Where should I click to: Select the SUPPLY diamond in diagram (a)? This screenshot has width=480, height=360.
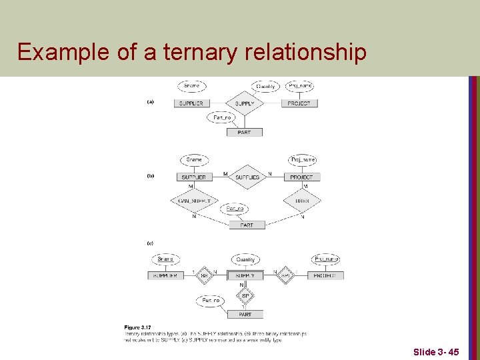[x=245, y=103]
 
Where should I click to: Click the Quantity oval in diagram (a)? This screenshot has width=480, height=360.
[x=265, y=86]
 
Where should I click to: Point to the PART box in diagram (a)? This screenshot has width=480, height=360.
[x=244, y=132]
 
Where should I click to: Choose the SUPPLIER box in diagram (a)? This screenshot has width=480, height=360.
[x=191, y=103]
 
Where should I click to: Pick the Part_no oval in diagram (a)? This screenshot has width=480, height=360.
[x=221, y=117]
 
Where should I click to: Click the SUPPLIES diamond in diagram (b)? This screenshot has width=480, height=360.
[x=247, y=177]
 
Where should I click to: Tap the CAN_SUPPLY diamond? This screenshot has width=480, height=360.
[x=194, y=200]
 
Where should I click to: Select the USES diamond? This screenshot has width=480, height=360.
[x=301, y=200]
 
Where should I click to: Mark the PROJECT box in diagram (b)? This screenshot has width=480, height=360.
[x=301, y=177]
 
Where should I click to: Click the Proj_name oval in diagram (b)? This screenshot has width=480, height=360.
[x=302, y=160]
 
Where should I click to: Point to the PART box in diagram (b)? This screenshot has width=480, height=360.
[x=247, y=225]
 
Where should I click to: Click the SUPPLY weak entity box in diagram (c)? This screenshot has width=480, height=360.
[x=245, y=275]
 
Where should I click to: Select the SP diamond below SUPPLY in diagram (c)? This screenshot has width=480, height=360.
[x=245, y=295]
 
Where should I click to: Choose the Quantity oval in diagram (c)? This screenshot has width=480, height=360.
[x=245, y=260]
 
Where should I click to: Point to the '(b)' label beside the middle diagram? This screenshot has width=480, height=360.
[x=150, y=176]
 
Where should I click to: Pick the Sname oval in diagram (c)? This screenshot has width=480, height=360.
[x=165, y=259]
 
